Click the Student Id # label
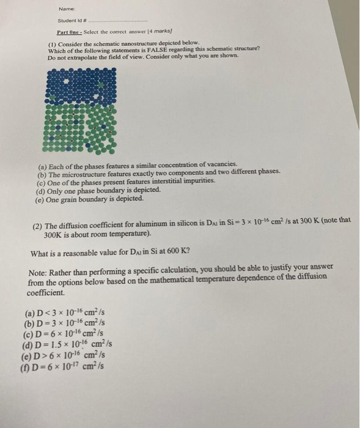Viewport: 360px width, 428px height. pyautogui.click(x=72, y=20)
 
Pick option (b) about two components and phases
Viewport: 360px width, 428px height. pyautogui.click(x=159, y=173)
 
